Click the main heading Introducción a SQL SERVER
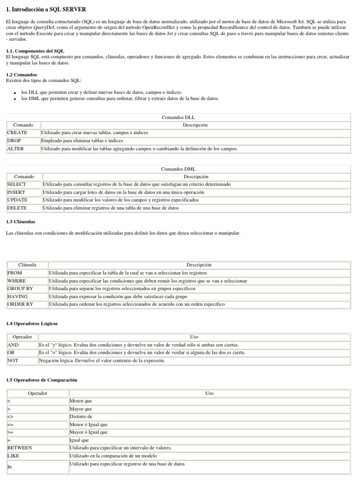click(x=46, y=9)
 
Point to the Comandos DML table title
click(x=178, y=169)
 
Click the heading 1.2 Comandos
click(x=22, y=75)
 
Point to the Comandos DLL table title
click(x=178, y=117)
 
